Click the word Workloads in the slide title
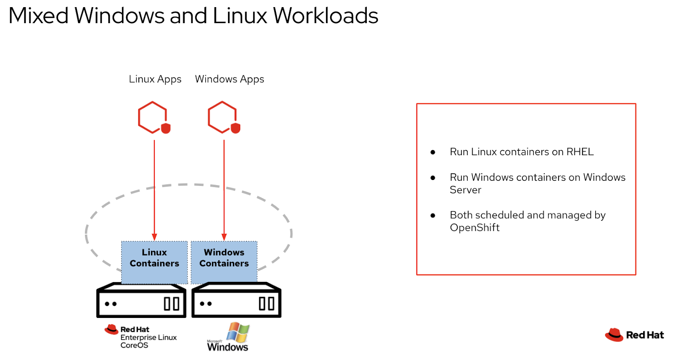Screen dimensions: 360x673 tap(326, 16)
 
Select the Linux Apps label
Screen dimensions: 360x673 tap(155, 79)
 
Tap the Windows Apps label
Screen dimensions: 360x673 tap(229, 79)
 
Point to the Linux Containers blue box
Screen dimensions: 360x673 tap(154, 262)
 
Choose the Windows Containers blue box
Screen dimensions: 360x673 tap(224, 262)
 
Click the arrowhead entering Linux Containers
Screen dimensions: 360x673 tap(154, 237)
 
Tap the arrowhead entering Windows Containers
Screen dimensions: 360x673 tap(224, 237)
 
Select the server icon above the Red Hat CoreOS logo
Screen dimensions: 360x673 tap(141, 301)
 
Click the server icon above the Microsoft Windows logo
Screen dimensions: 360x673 tap(236, 301)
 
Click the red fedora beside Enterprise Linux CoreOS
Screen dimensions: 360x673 tap(111, 329)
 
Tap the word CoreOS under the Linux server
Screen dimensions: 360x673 tap(134, 345)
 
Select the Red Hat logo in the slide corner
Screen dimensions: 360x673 tap(634, 335)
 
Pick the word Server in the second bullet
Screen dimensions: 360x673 tap(465, 190)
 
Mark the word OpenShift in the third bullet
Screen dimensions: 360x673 tap(474, 228)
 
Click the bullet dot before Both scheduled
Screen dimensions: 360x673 tap(433, 215)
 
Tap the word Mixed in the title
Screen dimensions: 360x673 tap(38, 16)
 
